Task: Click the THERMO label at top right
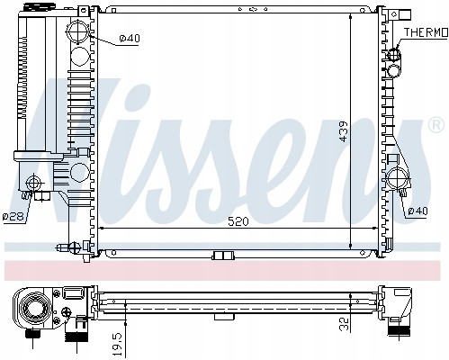[x=425, y=31]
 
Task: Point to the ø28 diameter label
[x=12, y=216]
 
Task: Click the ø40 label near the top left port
[x=130, y=38]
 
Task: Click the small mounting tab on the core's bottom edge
[x=219, y=255]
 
